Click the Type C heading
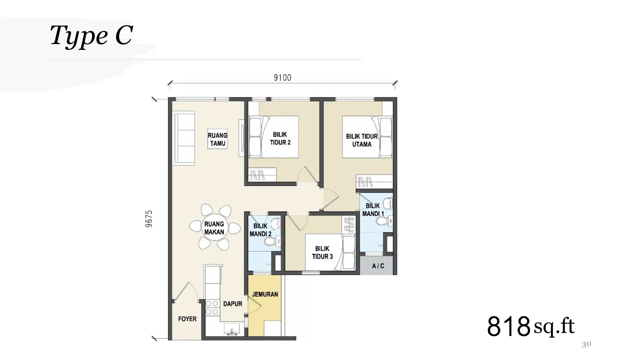click(92, 35)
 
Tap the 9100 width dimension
click(282, 78)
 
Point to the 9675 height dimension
click(149, 219)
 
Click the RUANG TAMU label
click(217, 139)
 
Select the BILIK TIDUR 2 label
click(280, 138)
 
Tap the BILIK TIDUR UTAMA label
click(362, 140)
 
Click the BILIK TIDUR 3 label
click(322, 253)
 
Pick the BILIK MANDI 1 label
click(373, 210)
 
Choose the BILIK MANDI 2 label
click(260, 230)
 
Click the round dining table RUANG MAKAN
click(214, 228)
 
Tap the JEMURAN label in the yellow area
click(265, 294)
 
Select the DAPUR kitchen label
click(233, 304)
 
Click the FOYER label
click(187, 319)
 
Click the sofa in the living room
click(184, 138)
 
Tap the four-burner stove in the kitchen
click(212, 308)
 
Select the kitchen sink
click(232, 329)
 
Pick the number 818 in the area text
click(508, 326)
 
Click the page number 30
click(586, 344)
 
